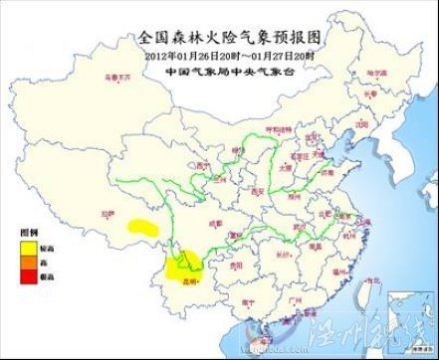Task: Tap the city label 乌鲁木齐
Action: (114, 76)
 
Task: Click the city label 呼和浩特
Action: (287, 129)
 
